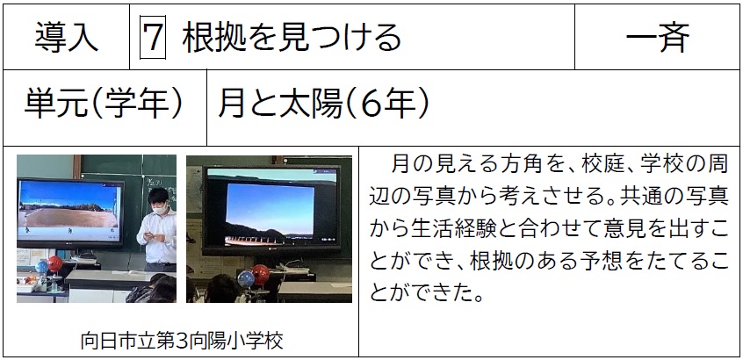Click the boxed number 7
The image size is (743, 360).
(153, 38)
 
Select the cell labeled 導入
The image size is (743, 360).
(67, 38)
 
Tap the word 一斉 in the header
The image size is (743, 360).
(657, 38)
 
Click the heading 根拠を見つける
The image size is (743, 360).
(292, 38)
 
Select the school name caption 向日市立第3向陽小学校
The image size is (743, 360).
(182, 341)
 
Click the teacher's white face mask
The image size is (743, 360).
(161, 207)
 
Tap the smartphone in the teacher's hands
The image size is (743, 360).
(149, 234)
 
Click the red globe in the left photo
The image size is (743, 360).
(55, 263)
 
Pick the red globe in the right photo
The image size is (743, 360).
(260, 274)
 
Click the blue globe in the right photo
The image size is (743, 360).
(246, 278)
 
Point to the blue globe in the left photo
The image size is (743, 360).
(42, 267)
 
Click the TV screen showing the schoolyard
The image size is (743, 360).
(69, 211)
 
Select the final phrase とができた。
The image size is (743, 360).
(426, 292)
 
